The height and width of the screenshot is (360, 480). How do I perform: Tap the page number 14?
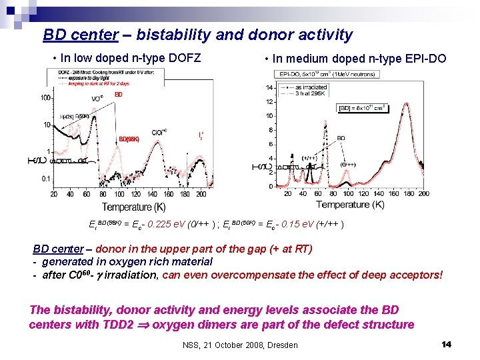click(x=447, y=344)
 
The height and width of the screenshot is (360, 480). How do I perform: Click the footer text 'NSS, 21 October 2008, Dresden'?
click(x=240, y=345)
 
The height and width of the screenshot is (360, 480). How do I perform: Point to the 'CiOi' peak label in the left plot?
click(x=159, y=132)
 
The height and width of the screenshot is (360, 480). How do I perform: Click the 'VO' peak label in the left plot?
click(x=97, y=99)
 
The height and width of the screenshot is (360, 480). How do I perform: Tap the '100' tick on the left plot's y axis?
click(x=46, y=98)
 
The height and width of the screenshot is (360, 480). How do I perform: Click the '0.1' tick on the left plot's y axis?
click(x=46, y=179)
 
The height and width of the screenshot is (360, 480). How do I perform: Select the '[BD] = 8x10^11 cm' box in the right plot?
click(x=363, y=107)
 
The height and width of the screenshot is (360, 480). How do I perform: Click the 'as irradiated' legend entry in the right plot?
click(x=311, y=87)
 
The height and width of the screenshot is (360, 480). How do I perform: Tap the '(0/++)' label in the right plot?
click(x=347, y=163)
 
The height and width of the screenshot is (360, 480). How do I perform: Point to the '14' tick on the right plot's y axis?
click(x=269, y=87)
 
